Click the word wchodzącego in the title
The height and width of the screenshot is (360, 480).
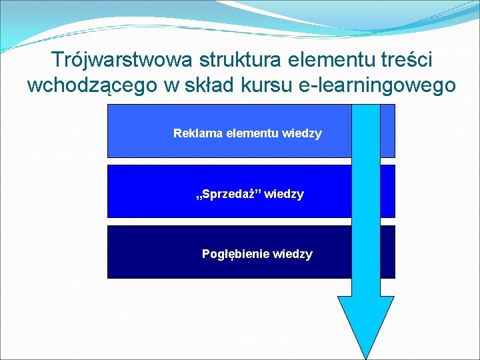(89, 86)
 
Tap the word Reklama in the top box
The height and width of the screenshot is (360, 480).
(198, 133)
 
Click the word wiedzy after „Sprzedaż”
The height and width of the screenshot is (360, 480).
(285, 194)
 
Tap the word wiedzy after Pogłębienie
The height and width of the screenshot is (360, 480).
(293, 254)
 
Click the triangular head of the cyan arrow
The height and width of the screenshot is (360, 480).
(365, 323)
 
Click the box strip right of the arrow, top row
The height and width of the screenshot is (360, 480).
(387, 131)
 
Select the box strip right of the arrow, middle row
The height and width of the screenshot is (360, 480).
(387, 191)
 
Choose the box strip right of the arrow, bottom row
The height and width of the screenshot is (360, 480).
(387, 251)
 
